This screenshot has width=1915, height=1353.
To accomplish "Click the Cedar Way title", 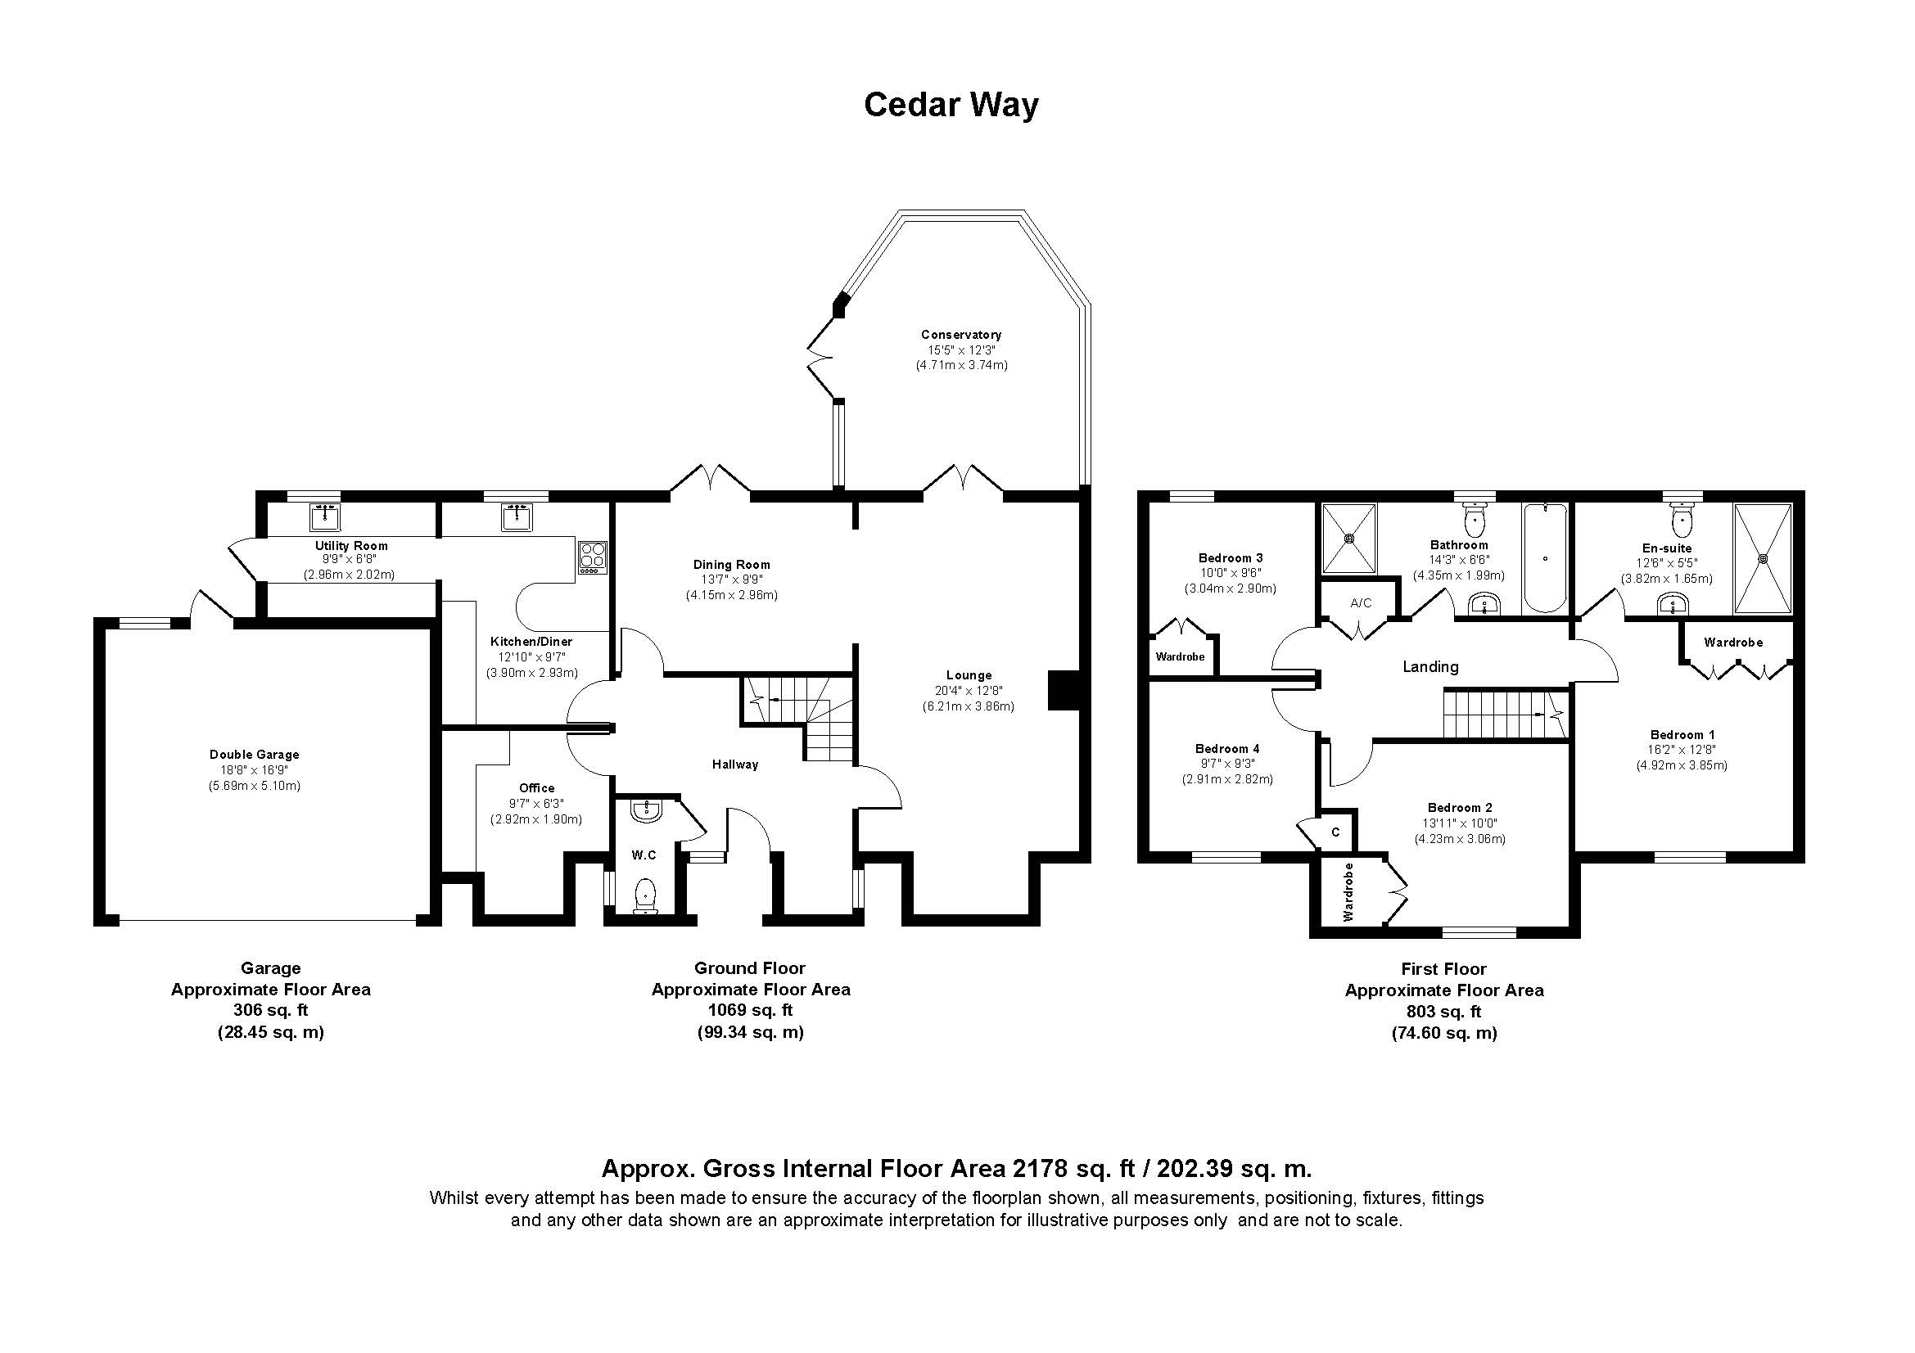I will [x=951, y=106].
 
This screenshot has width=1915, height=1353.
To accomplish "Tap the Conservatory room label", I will [x=961, y=334].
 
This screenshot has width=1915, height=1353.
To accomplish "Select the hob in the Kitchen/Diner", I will [x=593, y=557].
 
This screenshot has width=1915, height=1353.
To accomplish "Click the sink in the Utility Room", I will [x=324, y=516].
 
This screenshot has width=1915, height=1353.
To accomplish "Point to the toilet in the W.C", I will [x=645, y=895].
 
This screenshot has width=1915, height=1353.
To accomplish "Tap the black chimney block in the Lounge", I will [x=1063, y=690].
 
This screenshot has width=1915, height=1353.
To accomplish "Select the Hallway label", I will [x=734, y=764].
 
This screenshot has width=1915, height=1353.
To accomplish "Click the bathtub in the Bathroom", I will [x=1545, y=557].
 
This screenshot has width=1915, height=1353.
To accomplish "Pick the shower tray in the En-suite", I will [x=1763, y=557].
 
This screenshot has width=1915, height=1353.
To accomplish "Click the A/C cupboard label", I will [x=1361, y=602].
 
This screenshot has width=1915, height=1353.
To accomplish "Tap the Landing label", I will [x=1430, y=667].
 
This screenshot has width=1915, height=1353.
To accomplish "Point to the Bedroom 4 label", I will [x=1227, y=749].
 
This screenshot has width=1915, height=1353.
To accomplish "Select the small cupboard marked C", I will [x=1335, y=832].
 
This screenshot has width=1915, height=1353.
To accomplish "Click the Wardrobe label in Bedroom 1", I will [x=1733, y=643].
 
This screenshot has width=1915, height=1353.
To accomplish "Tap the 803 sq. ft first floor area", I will [x=1443, y=1012].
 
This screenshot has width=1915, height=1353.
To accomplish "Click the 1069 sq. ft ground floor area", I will [x=750, y=1010].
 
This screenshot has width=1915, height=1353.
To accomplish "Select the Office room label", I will [x=536, y=787].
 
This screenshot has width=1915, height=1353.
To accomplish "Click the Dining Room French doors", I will [x=711, y=482].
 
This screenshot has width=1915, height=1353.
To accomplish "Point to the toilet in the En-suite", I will [x=1682, y=521].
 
